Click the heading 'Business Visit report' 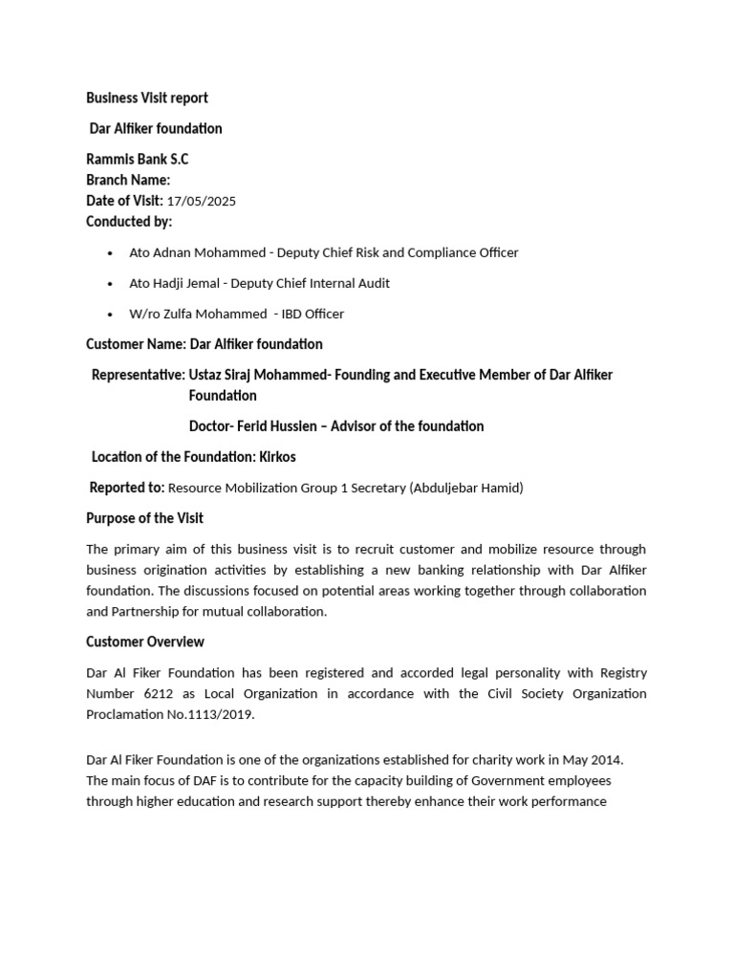tap(147, 98)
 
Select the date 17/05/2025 tap(201, 201)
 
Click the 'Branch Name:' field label tap(128, 180)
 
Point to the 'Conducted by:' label tap(129, 222)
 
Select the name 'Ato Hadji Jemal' tap(173, 283)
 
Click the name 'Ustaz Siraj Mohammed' tap(257, 375)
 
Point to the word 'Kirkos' tap(277, 457)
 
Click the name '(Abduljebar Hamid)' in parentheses tap(465, 488)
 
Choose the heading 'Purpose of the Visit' tap(144, 518)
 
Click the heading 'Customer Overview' tap(145, 642)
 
